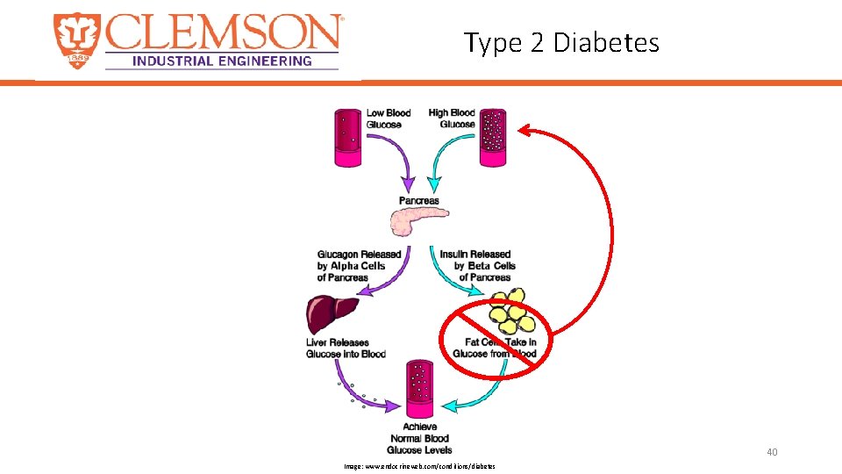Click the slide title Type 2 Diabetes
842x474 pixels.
(x=561, y=41)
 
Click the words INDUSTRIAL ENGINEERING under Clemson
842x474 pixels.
(x=222, y=61)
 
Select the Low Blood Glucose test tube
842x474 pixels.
(x=347, y=137)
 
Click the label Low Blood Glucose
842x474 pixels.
(x=388, y=118)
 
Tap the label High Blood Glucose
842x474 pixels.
(x=452, y=118)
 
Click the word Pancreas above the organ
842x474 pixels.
(x=418, y=201)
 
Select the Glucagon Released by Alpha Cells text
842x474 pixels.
(x=359, y=266)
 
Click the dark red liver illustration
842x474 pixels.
(x=332, y=314)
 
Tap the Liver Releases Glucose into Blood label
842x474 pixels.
(x=346, y=348)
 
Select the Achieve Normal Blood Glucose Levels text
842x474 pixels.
(x=421, y=438)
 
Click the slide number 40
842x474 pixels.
(x=772, y=452)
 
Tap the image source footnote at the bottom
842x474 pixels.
(x=419, y=466)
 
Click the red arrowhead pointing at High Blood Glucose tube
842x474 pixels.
(x=524, y=132)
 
